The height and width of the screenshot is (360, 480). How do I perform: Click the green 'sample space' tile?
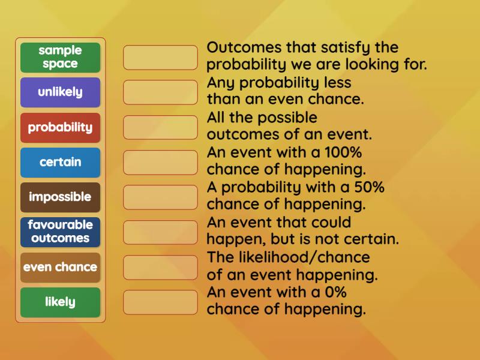pyautogui.click(x=60, y=57)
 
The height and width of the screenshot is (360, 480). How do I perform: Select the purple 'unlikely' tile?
pyautogui.click(x=60, y=92)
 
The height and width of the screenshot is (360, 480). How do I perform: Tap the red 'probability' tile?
pyautogui.click(x=60, y=127)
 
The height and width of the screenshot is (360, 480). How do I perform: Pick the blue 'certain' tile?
pyautogui.click(x=60, y=162)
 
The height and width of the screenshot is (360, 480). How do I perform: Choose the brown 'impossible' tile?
pyautogui.click(x=60, y=197)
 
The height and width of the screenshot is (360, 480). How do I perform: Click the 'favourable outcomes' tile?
pyautogui.click(x=60, y=232)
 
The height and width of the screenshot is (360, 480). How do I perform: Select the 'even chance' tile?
pyautogui.click(x=60, y=267)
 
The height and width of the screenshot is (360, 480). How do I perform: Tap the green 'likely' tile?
pyautogui.click(x=60, y=302)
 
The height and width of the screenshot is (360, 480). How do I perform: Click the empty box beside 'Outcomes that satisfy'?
pyautogui.click(x=160, y=57)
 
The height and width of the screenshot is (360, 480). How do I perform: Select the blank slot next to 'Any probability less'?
pyautogui.click(x=160, y=92)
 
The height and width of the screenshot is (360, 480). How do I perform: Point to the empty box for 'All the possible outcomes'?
pyautogui.click(x=160, y=127)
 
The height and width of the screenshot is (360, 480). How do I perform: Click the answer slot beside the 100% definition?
pyautogui.click(x=160, y=162)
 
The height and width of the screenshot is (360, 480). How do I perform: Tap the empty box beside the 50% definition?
pyautogui.click(x=160, y=197)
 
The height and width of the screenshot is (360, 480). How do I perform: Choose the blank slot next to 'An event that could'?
pyautogui.click(x=160, y=232)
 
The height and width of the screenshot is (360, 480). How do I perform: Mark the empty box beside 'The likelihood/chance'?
pyautogui.click(x=160, y=267)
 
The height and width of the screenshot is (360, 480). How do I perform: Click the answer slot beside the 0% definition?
pyautogui.click(x=160, y=302)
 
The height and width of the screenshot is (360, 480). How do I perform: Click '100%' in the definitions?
pyautogui.click(x=343, y=152)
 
